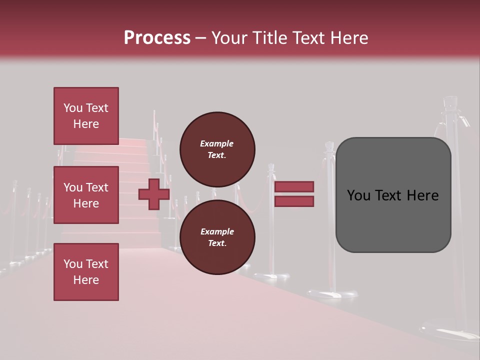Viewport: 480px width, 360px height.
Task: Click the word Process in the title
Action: pos(157,38)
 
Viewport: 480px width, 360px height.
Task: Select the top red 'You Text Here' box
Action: pos(86,116)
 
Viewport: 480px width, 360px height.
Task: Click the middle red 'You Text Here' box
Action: pos(86,195)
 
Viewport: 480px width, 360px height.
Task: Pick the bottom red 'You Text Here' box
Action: pos(86,272)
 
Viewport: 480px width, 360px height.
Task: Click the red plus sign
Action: pos(153,194)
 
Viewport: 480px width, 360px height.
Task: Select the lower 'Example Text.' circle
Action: pos(217,237)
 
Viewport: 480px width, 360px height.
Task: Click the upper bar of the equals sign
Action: pos(294,187)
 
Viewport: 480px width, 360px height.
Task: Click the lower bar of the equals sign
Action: pos(294,201)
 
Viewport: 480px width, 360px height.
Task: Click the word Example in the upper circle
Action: pos(216,143)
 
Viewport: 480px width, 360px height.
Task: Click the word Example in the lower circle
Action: pos(216,231)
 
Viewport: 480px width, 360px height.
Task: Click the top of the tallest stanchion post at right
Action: pos(449,102)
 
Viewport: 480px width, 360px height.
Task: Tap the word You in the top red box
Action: pos(72,108)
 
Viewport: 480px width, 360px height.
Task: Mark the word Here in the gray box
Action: pos(422,195)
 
